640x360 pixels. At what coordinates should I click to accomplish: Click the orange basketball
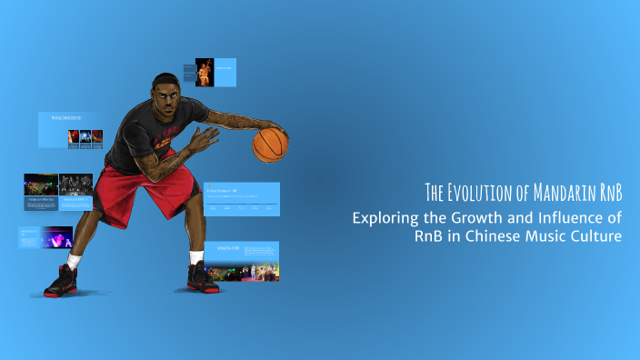pyautogui.click(x=270, y=145)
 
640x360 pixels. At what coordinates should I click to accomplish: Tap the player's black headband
pyautogui.click(x=165, y=79)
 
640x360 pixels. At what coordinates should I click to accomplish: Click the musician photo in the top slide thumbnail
pyautogui.click(x=205, y=73)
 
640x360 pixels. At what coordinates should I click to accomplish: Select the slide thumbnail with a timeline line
pyautogui.click(x=242, y=199)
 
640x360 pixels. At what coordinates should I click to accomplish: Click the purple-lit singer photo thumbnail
pyautogui.click(x=57, y=238)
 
